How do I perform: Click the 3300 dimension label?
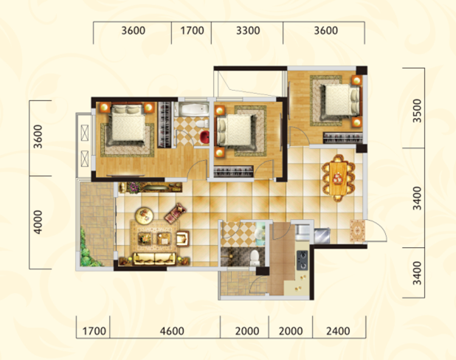248,30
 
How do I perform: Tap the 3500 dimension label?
417,111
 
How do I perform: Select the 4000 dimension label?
38,222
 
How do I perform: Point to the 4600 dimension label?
172,331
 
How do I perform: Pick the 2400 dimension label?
338,331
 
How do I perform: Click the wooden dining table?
338,179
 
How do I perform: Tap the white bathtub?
194,110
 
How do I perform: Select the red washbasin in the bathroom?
204,137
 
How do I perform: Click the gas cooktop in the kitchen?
303,260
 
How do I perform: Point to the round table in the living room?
144,215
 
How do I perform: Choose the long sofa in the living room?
154,259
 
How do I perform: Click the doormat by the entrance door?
357,231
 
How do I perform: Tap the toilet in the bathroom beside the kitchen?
255,257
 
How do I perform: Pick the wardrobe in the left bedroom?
165,124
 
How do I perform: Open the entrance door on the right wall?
375,230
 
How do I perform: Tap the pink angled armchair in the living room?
176,213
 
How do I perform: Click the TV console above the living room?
150,187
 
